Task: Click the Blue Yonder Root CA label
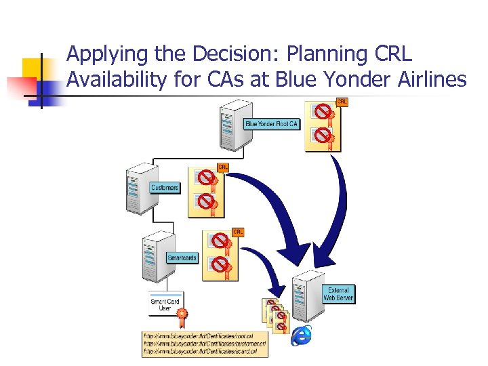pyautogui.click(x=271, y=124)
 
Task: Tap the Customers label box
pyautogui.click(x=165, y=187)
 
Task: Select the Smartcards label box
pyautogui.click(x=182, y=258)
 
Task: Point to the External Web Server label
pyautogui.click(x=338, y=293)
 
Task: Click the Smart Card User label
pyautogui.click(x=165, y=304)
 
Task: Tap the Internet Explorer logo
pyautogui.click(x=302, y=335)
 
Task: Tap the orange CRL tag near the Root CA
pyautogui.click(x=342, y=102)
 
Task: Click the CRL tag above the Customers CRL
pyautogui.click(x=223, y=167)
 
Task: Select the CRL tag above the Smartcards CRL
pyautogui.click(x=238, y=232)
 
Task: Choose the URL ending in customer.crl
pyautogui.click(x=204, y=344)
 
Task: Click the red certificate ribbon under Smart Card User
pyautogui.click(x=182, y=315)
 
